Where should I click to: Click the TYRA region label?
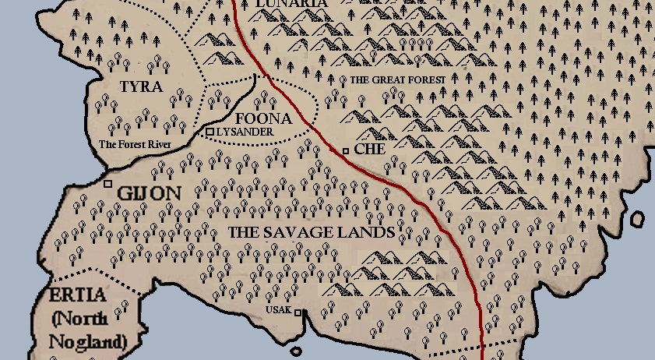(x=141, y=86)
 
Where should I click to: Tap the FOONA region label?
(x=263, y=119)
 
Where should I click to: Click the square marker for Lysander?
(x=210, y=132)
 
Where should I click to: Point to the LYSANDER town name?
(x=245, y=132)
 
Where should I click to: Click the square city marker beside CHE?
(x=346, y=150)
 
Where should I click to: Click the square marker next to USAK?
(x=297, y=313)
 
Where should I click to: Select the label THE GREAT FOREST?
(x=397, y=80)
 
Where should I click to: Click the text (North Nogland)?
(x=88, y=330)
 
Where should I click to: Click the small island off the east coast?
(x=637, y=220)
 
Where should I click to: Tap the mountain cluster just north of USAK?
(x=374, y=277)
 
